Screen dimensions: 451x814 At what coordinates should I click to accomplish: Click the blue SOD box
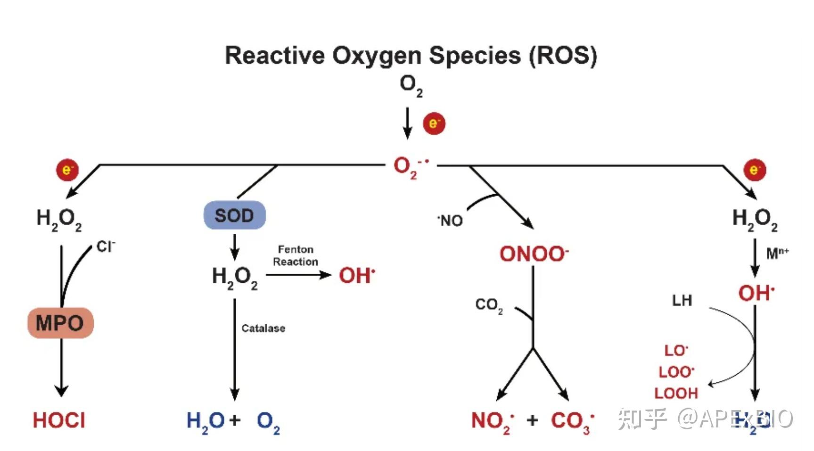click(x=234, y=216)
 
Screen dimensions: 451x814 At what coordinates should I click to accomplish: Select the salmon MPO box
click(x=60, y=323)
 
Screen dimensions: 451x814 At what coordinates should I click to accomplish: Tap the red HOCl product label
click(x=59, y=420)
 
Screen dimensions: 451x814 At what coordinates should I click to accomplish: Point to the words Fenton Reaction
click(x=296, y=255)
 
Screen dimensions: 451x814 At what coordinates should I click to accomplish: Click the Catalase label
click(x=263, y=328)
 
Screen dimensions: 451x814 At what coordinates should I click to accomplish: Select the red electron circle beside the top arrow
click(x=434, y=123)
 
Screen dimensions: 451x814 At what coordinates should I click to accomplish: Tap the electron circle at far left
click(x=67, y=170)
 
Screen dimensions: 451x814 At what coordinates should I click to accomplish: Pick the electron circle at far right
click(x=755, y=170)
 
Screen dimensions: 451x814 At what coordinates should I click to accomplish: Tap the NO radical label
click(x=451, y=220)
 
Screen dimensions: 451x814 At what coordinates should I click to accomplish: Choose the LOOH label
click(x=676, y=393)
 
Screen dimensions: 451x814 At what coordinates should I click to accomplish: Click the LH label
click(x=682, y=300)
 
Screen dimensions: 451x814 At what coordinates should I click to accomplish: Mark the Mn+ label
click(x=777, y=254)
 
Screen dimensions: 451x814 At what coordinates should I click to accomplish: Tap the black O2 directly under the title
click(x=411, y=85)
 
